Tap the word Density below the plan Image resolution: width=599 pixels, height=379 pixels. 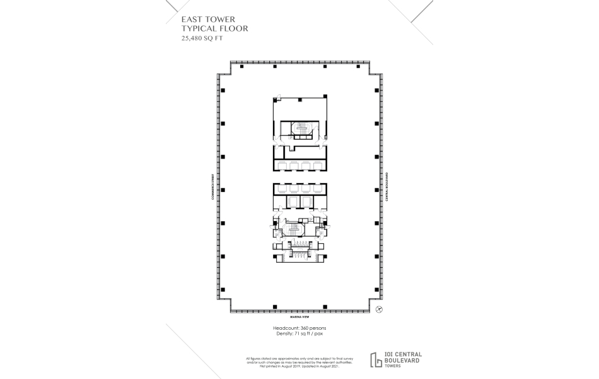click(282, 334)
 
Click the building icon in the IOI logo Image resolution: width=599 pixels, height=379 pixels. click(377, 359)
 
